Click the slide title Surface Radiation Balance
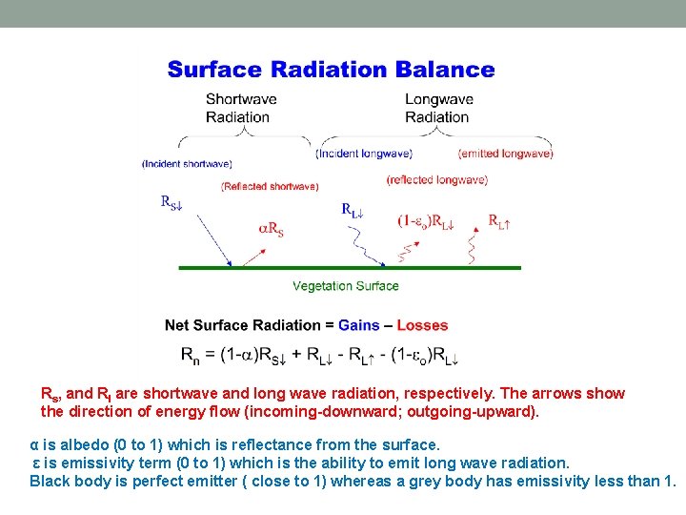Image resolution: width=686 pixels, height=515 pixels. (x=331, y=70)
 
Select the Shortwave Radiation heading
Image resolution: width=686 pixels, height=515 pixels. (x=241, y=108)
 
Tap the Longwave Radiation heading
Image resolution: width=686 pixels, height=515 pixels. (x=437, y=108)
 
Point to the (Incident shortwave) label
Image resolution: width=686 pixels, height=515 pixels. (x=187, y=164)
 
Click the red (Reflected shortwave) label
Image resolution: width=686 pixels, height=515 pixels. (x=270, y=187)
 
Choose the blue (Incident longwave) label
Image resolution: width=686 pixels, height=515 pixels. (x=364, y=154)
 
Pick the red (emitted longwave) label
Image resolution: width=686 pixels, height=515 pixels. (x=505, y=154)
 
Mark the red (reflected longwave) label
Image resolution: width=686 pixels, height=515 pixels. (x=437, y=179)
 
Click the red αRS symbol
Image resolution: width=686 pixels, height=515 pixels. (x=272, y=228)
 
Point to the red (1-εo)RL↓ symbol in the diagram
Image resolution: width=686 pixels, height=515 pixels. (x=426, y=221)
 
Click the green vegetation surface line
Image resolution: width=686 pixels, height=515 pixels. (x=350, y=268)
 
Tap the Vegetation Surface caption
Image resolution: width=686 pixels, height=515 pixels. (x=345, y=286)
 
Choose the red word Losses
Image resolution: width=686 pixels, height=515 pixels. (x=422, y=325)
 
